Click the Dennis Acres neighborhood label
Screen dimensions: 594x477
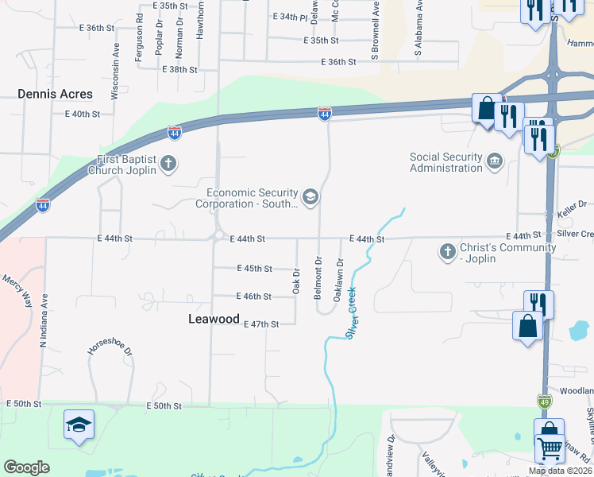click(x=55, y=94)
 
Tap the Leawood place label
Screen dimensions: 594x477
click(x=214, y=318)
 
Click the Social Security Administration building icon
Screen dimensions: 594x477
click(x=495, y=162)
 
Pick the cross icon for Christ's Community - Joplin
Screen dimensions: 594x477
click(x=448, y=253)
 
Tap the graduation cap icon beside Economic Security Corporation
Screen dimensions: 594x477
click(x=310, y=197)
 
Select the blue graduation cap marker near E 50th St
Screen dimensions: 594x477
click(x=79, y=426)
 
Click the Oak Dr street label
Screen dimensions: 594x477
click(x=295, y=281)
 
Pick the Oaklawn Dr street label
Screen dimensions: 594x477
click(x=339, y=278)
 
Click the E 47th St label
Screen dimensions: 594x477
click(x=261, y=324)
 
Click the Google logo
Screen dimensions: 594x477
click(x=26, y=467)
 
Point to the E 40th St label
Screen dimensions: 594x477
click(x=83, y=114)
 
